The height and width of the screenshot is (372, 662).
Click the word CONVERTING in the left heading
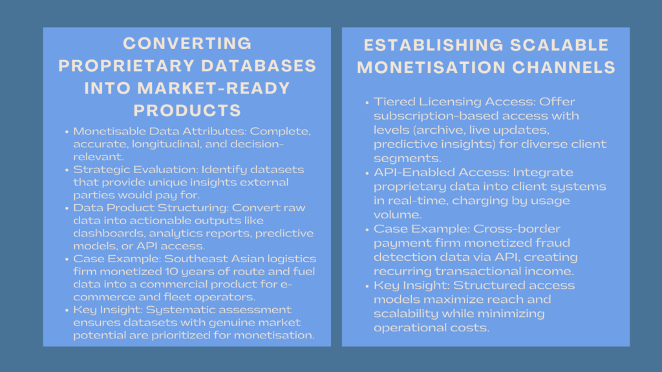click(187, 44)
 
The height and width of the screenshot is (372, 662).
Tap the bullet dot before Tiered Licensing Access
click(366, 102)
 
